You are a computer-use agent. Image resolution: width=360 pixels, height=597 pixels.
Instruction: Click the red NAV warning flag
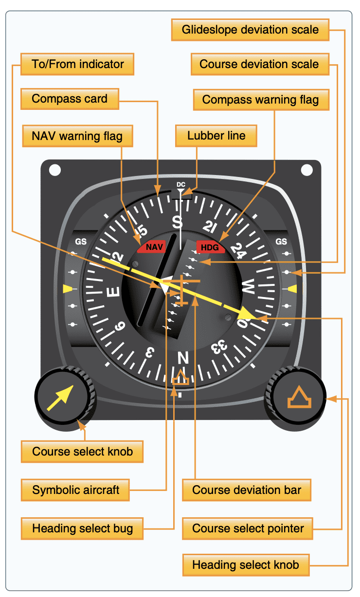click(x=152, y=247)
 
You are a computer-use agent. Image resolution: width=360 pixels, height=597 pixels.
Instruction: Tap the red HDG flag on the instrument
click(x=210, y=247)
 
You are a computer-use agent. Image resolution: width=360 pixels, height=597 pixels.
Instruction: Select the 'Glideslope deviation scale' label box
click(x=250, y=30)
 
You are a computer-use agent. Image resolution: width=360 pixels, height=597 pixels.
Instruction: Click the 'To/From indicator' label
click(x=77, y=64)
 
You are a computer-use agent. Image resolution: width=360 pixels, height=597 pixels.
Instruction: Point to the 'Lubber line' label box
click(x=216, y=136)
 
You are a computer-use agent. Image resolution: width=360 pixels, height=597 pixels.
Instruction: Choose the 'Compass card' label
click(x=70, y=99)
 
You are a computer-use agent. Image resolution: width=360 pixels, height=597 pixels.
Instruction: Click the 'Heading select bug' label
click(x=82, y=528)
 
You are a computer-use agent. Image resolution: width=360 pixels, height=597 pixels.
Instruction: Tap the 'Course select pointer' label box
click(x=248, y=528)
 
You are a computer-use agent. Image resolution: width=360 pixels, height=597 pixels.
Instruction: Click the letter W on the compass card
click(x=249, y=286)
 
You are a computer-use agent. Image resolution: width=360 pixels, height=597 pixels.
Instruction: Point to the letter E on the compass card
click(x=113, y=292)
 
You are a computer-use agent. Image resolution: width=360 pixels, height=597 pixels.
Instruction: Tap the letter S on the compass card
click(x=178, y=222)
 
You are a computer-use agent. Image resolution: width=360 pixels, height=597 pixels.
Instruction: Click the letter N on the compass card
click(x=183, y=357)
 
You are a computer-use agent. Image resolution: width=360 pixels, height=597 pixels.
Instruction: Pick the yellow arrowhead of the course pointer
click(x=246, y=314)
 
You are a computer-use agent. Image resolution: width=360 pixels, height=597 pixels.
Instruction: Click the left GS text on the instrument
click(x=81, y=242)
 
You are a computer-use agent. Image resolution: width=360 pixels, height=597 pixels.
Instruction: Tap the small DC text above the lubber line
click(x=181, y=184)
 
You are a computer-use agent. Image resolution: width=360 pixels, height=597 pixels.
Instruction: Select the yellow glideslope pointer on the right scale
click(x=292, y=289)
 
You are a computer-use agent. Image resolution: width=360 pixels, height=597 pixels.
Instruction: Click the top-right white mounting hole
click(x=306, y=170)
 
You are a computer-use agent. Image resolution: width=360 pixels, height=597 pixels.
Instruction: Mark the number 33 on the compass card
click(x=219, y=347)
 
